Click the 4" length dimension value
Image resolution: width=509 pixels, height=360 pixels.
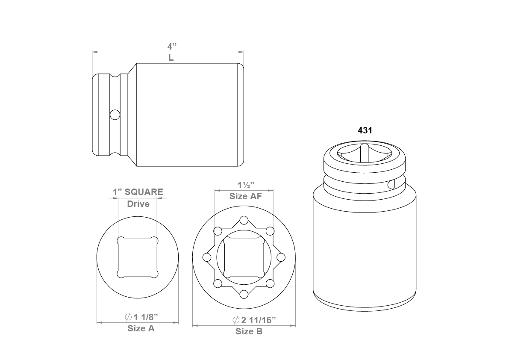(x=172, y=46)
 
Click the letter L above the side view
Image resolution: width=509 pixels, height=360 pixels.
(x=171, y=58)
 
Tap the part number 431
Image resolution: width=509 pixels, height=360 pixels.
(x=365, y=130)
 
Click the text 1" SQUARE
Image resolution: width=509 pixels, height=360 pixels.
(x=138, y=192)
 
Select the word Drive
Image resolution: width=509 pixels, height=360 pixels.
(x=138, y=204)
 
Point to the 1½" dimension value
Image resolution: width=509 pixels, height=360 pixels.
(x=246, y=185)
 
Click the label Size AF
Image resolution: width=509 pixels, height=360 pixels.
(x=246, y=196)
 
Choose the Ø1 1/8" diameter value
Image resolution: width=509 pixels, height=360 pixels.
(x=141, y=317)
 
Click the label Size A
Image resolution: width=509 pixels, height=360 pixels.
(x=141, y=328)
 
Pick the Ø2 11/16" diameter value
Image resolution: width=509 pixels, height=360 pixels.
(x=254, y=320)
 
